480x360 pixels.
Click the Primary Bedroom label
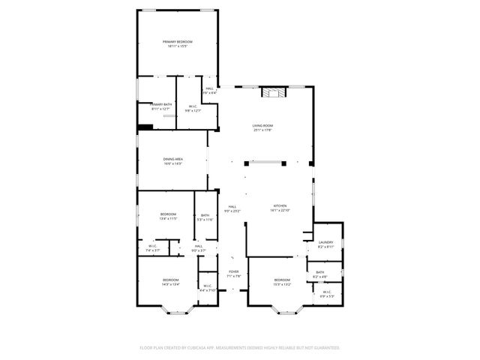[178, 41]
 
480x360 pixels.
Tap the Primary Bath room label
[161, 104]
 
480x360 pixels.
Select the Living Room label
[262, 126]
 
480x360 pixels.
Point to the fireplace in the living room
[270, 93]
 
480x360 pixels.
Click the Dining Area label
[173, 159]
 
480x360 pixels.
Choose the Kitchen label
[279, 206]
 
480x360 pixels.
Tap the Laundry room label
[325, 242]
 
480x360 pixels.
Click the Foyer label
[234, 271]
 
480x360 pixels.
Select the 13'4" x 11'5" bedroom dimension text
[167, 219]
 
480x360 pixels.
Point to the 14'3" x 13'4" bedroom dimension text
[171, 284]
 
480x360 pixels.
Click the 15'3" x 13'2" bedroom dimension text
[282, 284]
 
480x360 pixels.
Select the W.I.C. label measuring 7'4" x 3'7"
[152, 250]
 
